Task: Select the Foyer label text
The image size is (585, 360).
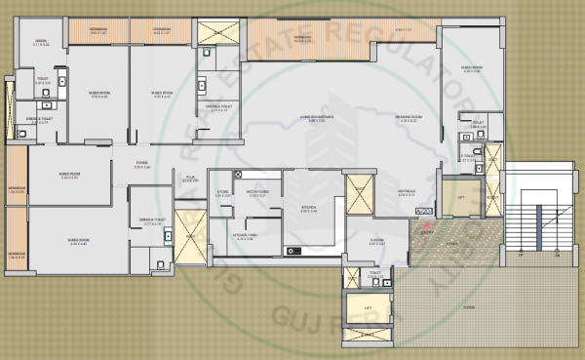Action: point(140,164)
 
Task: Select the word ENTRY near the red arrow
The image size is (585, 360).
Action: point(426,233)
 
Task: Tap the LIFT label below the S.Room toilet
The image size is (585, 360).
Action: point(367,308)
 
